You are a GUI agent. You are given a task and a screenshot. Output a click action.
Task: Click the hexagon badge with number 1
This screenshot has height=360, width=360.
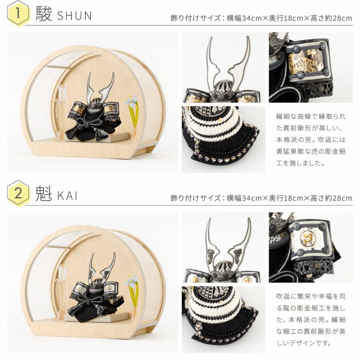pos(18,14)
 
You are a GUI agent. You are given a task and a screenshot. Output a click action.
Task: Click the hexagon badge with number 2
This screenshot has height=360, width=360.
pos(18,193)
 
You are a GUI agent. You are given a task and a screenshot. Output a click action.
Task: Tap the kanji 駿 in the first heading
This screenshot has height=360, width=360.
pos(44,14)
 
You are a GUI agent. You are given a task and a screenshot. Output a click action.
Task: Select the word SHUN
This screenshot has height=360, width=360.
pos(74,15)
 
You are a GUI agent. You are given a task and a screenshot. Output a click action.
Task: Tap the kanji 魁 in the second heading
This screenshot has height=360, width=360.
pos(44,194)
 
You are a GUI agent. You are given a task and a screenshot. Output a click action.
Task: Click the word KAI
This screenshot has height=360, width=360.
pos(67,195)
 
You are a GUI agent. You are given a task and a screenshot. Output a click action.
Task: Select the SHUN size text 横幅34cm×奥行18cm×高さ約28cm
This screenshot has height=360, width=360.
pos(289,18)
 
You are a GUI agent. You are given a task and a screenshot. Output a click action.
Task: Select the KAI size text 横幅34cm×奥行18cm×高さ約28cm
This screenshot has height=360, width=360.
pos(289,198)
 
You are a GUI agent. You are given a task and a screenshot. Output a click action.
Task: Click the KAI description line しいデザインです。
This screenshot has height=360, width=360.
pos(304,343)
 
